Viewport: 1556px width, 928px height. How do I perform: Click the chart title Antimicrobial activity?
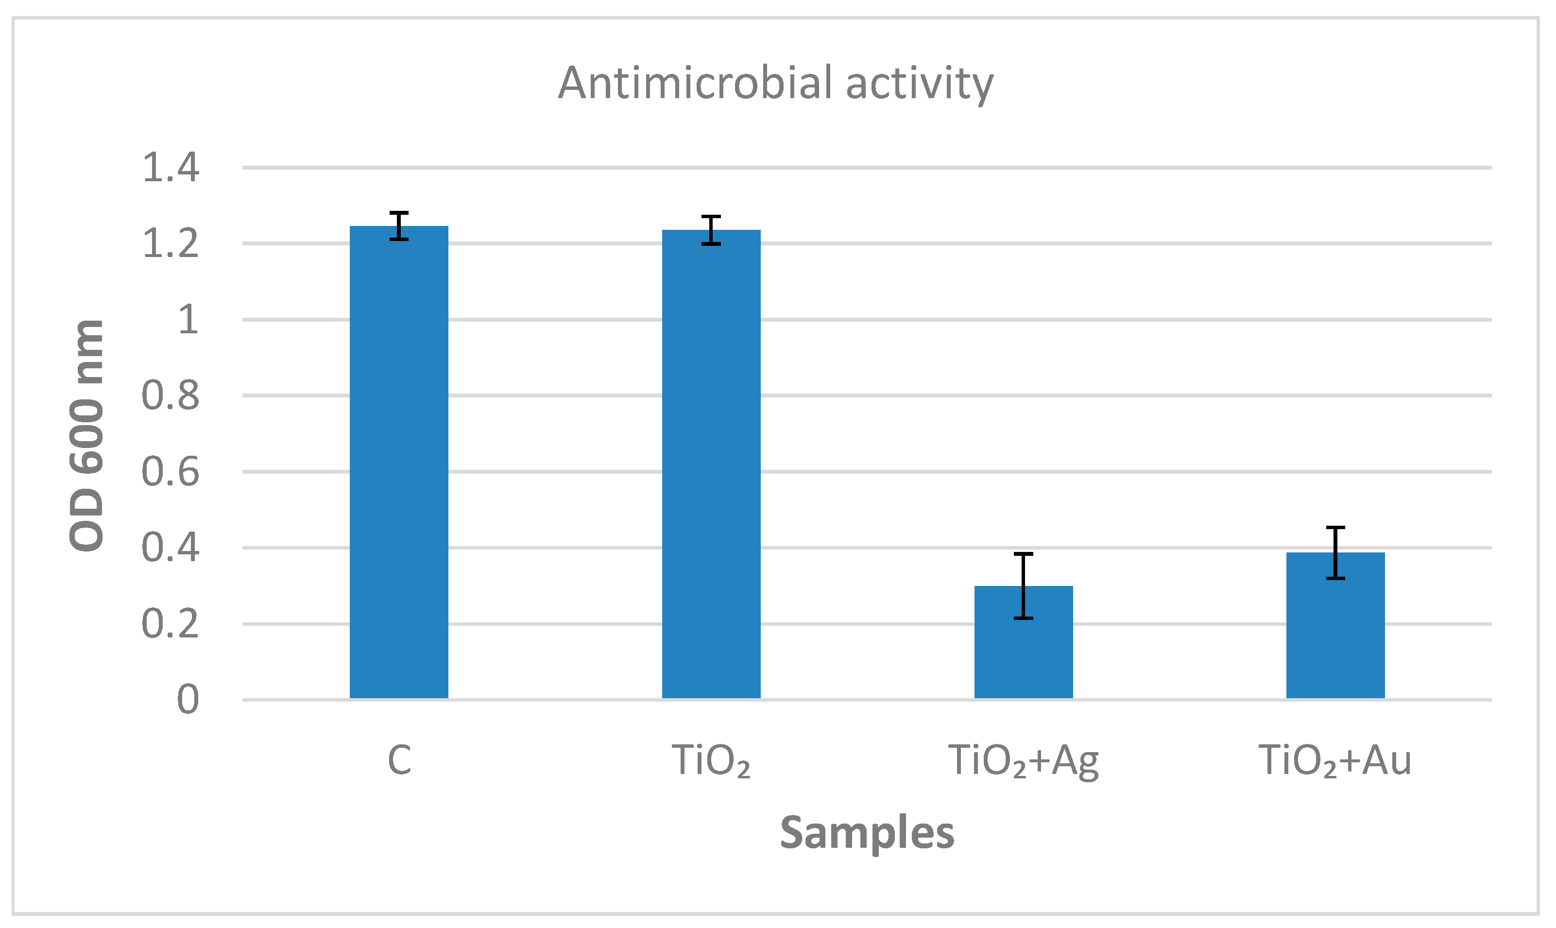coord(775,83)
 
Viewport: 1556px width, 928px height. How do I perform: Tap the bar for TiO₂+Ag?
coord(1024,644)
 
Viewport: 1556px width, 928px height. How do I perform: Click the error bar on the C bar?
coord(399,226)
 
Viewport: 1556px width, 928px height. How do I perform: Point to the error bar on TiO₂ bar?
coord(711,230)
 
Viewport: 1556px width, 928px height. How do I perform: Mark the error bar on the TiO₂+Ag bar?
coord(1024,586)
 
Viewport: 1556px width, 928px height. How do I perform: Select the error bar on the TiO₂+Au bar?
coord(1335,553)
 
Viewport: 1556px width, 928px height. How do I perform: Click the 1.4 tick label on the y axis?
coord(171,168)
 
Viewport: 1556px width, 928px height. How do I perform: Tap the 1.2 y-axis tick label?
coord(171,244)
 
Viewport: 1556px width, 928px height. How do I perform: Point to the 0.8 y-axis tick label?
coord(170,396)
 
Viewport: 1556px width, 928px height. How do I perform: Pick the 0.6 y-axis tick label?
coord(170,472)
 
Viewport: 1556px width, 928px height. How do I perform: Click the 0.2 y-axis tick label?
coord(170,624)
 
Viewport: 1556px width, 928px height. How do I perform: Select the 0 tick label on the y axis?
coord(188,700)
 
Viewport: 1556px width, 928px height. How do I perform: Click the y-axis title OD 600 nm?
coord(86,436)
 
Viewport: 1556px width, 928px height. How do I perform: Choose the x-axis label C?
coord(399,760)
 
